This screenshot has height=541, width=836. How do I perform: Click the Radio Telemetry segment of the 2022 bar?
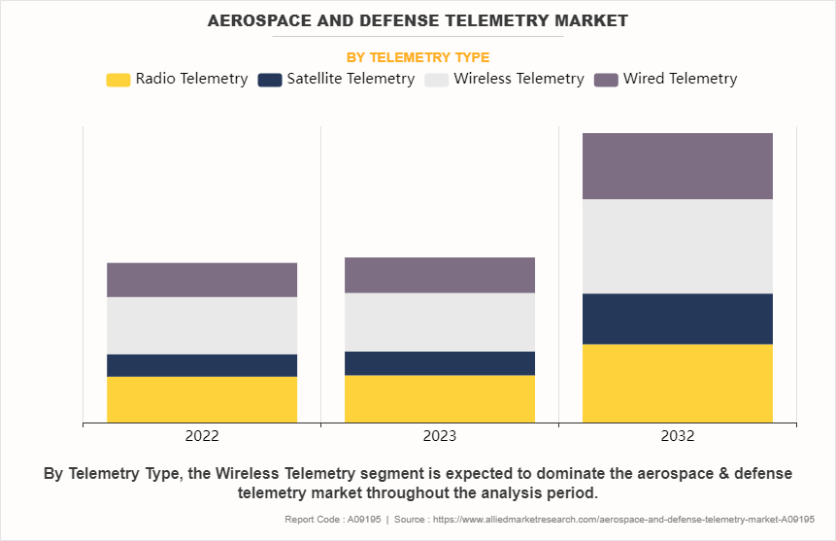click(x=202, y=399)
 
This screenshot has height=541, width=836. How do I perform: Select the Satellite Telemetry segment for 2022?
click(x=202, y=365)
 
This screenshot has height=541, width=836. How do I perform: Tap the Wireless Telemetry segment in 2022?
click(x=202, y=325)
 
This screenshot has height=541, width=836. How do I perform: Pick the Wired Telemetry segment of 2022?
click(x=202, y=280)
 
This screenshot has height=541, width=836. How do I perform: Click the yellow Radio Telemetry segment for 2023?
click(x=440, y=398)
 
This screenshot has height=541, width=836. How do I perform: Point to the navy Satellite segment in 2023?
click(x=440, y=363)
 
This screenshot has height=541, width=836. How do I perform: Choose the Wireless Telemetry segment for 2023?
click(x=440, y=322)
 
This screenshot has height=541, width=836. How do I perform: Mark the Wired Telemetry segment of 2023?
click(x=440, y=275)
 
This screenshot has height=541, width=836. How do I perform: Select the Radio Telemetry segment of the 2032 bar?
click(x=678, y=383)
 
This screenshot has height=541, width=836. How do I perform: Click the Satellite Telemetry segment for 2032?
click(x=678, y=319)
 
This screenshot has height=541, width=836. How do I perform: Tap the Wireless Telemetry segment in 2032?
click(x=678, y=247)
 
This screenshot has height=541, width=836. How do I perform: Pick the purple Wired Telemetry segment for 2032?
click(x=678, y=166)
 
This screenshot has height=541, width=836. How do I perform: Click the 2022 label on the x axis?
click(x=202, y=436)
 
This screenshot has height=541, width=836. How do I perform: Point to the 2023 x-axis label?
click(x=440, y=436)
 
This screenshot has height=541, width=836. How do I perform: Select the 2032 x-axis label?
click(x=678, y=436)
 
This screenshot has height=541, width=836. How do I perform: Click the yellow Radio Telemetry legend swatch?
click(x=117, y=80)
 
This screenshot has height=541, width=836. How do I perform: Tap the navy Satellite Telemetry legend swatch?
click(x=270, y=80)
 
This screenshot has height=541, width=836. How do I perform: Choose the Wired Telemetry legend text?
click(x=680, y=79)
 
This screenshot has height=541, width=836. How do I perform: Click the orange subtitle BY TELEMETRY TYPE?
click(x=418, y=57)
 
